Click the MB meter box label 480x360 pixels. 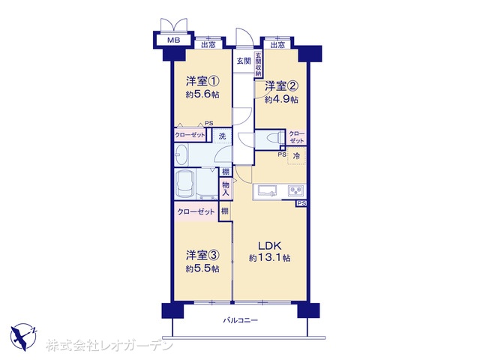tap(173, 40)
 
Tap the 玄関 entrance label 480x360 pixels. tap(244, 61)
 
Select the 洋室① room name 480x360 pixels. tap(202, 82)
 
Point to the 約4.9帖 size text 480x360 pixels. tap(281, 100)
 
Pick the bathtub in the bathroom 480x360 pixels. tap(186, 184)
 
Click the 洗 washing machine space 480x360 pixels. tap(222, 136)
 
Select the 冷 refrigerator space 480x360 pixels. tap(296, 156)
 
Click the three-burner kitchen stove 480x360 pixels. tap(296, 191)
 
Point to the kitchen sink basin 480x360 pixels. tap(267, 190)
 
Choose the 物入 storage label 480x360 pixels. tap(226, 188)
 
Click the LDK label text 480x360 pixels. tap(269, 246)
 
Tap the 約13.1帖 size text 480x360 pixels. tap(270, 258)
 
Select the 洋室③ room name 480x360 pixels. tap(202, 255)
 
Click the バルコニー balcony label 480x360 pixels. tap(240, 320)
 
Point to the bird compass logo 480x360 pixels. tap(22, 337)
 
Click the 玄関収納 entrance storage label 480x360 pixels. tap(258, 65)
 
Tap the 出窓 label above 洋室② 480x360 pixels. tap(277, 45)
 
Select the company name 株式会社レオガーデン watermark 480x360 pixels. tap(109, 345)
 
